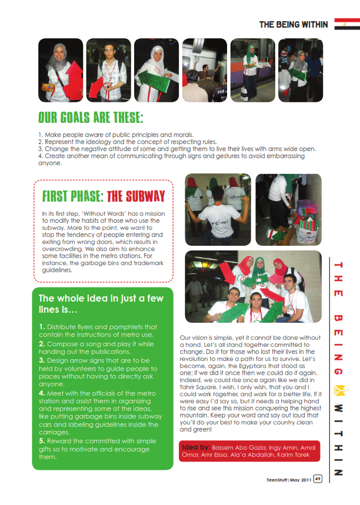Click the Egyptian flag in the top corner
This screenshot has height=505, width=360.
click(x=347, y=24)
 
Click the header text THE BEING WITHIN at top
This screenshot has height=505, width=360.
click(x=295, y=25)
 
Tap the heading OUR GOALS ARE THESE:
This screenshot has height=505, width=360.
click(x=91, y=117)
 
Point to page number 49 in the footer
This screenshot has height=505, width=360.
click(x=318, y=479)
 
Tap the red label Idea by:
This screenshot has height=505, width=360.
click(x=196, y=447)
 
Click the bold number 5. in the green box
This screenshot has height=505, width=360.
click(x=42, y=440)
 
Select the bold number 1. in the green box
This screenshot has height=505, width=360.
click(x=42, y=326)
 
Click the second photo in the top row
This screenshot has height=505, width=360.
click(x=108, y=70)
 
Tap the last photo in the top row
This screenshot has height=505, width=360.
click(x=300, y=70)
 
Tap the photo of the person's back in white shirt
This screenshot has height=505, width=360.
click(x=218, y=210)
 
